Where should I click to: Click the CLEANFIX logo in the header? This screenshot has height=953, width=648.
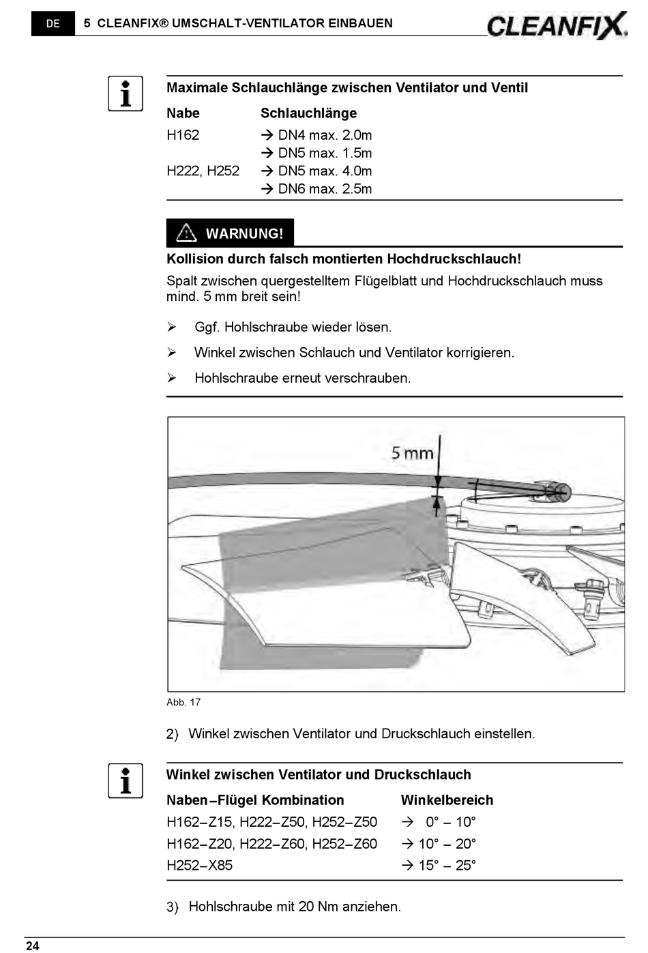point(557,25)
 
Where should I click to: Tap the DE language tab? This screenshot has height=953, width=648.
point(53,23)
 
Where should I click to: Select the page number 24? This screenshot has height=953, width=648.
point(32,945)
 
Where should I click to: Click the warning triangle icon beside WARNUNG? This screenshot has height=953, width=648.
point(186,233)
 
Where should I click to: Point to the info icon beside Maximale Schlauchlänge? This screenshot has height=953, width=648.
point(126,93)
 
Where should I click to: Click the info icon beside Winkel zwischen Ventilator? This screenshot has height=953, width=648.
point(126,780)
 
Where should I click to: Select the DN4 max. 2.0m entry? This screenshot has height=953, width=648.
point(324,135)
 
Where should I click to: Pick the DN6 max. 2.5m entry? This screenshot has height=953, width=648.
point(324,189)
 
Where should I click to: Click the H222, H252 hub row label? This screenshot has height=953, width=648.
point(203,171)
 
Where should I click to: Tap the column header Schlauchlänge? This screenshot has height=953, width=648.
point(308,113)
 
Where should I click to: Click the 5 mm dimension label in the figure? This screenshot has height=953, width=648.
point(412,452)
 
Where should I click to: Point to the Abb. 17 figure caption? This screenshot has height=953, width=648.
point(183,702)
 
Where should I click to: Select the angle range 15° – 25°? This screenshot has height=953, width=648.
point(447,865)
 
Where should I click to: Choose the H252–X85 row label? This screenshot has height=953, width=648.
point(199,865)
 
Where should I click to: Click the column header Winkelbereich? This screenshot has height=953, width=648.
point(447,800)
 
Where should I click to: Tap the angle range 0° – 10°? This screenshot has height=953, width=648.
point(450,822)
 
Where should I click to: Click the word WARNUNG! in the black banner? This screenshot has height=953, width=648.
point(244,233)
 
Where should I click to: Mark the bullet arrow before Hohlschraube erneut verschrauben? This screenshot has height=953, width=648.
point(172,378)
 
